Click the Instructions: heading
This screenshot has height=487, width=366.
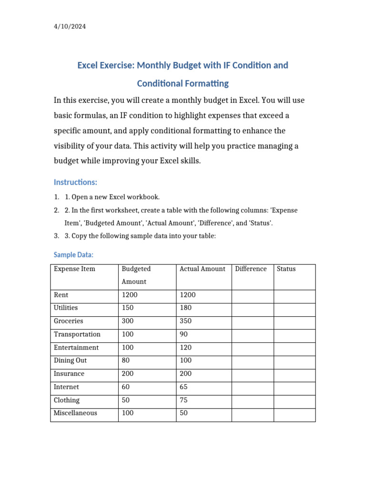pos(75,182)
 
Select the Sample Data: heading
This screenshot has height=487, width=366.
pos(73,255)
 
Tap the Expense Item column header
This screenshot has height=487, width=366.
pos(74,269)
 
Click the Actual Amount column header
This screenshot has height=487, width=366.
pos(202,269)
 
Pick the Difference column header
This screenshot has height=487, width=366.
pos(251,269)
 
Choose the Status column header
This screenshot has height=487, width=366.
pos(286,269)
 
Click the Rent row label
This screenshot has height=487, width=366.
pos(61,295)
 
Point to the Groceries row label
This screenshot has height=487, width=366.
pos(68,321)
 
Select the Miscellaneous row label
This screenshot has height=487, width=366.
pos(75,413)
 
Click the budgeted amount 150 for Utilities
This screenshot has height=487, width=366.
pos(128,308)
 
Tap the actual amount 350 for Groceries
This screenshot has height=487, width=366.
pos(185,321)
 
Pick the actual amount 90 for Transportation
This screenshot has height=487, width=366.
pos(183,334)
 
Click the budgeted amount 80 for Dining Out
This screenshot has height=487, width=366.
pos(126,360)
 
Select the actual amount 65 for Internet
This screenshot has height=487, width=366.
pos(183,387)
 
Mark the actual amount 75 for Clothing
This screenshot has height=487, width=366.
pos(183,400)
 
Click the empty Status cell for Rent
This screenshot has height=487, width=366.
pos(294,295)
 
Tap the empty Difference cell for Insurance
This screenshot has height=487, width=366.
pos(252,374)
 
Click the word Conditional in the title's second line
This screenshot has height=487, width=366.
pos(160,84)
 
